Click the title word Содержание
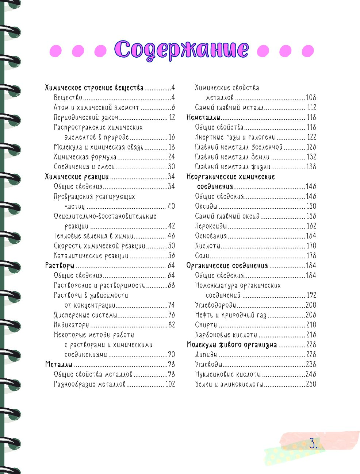(181, 50)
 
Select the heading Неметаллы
(203, 117)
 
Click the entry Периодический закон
(86, 117)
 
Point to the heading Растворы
(60, 266)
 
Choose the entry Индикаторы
(72, 325)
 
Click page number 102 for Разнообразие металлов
(170, 384)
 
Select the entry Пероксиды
(211, 226)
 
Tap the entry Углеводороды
(215, 305)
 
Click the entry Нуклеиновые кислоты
(228, 374)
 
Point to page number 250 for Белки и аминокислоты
(311, 384)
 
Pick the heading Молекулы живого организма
(231, 345)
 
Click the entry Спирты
(206, 325)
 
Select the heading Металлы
(59, 365)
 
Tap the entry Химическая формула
(85, 157)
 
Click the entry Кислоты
(207, 246)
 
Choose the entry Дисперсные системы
(85, 315)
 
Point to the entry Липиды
(206, 355)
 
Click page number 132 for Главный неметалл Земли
(311, 157)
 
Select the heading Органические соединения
(227, 266)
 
